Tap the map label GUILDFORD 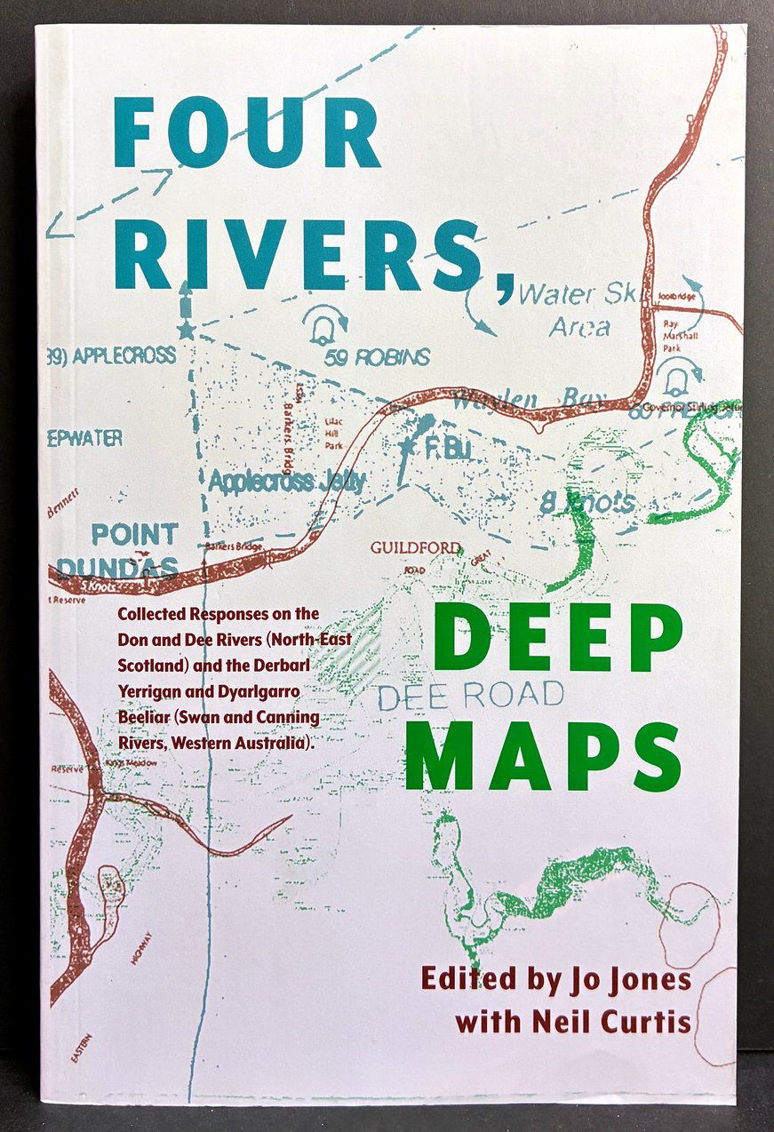(416, 547)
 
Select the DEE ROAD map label (470, 694)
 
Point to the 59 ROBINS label (377, 357)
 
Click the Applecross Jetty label (288, 482)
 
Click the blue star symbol (186, 331)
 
